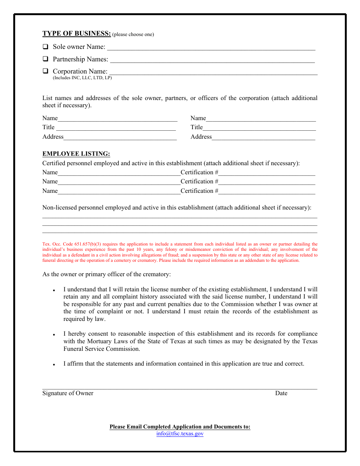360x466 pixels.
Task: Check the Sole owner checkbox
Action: pos(45,47)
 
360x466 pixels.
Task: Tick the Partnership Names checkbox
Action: pos(45,59)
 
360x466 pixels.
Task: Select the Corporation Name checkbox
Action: pos(45,71)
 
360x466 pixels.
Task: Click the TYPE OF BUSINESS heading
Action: pos(77,34)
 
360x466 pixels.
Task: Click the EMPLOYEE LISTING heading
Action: pos(76,154)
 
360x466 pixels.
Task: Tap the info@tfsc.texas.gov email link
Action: pos(180,434)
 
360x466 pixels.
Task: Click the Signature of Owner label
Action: pos(68,393)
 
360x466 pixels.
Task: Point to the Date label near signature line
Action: pos(281,393)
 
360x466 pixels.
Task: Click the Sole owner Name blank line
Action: pos(211,48)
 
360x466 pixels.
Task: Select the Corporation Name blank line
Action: pos(213,72)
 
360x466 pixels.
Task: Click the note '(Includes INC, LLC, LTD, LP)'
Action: pos(82,78)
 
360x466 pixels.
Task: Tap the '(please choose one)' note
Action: pos(133,34)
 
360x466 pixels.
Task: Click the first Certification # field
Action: pos(267,173)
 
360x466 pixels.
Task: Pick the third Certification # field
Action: pos(267,191)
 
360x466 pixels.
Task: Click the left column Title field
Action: pos(116,128)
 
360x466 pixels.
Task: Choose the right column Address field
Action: pos(263,137)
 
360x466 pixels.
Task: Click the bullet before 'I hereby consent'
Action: pos(54,335)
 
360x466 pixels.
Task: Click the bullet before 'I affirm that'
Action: pos(54,364)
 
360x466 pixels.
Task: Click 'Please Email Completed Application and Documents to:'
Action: pos(180,427)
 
